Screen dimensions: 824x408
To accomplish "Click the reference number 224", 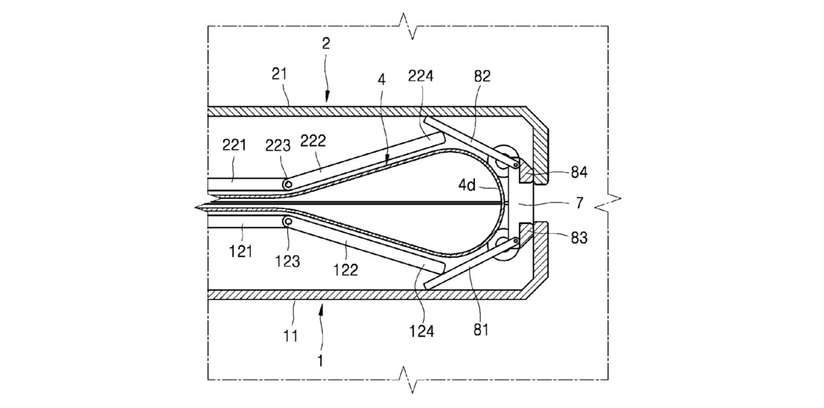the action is (x=421, y=75).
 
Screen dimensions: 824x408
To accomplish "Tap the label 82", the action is (x=482, y=76).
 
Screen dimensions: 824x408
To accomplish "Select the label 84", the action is (x=579, y=172).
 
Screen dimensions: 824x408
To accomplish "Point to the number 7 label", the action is (x=579, y=203).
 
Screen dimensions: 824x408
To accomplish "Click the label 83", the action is (x=579, y=238).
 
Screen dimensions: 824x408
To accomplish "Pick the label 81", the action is (x=480, y=329).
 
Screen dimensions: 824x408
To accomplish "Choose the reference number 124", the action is (x=422, y=331).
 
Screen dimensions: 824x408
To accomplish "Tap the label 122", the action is (x=345, y=269).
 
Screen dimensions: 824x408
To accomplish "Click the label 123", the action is (x=288, y=261).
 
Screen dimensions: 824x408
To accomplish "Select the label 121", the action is (x=241, y=251).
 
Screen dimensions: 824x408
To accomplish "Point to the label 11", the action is (x=290, y=336).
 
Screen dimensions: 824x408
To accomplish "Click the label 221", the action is (x=234, y=145).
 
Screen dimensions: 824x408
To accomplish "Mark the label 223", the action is (x=278, y=146).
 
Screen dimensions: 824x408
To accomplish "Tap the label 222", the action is (x=313, y=141).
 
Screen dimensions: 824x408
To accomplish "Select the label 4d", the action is (x=467, y=185).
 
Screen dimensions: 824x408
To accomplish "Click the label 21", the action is (x=279, y=74).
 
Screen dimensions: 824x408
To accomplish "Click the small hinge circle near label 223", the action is (x=288, y=185).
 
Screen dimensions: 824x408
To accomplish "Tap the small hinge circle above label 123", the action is (x=288, y=222).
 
